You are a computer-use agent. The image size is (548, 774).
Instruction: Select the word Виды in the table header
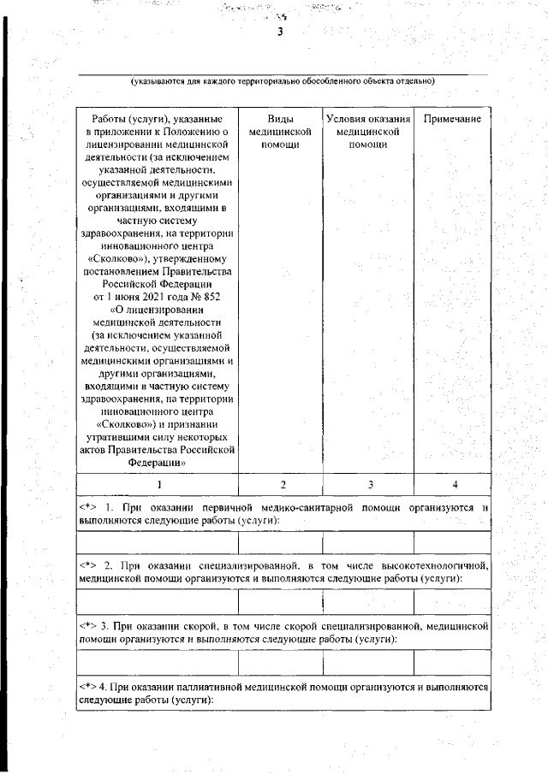tap(279, 119)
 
